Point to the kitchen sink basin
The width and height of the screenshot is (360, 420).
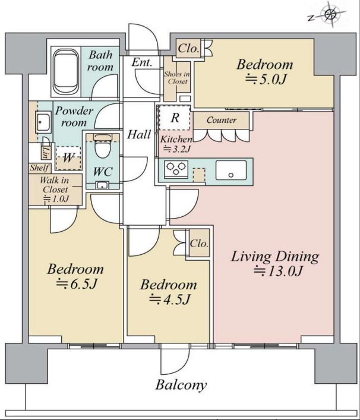point(231,170)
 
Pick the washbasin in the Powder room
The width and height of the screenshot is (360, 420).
point(43,122)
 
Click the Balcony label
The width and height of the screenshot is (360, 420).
point(181,385)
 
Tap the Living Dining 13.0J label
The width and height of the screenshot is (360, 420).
point(275,263)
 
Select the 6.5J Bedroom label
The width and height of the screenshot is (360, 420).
point(75,276)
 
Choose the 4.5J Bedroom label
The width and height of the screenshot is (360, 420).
point(169,292)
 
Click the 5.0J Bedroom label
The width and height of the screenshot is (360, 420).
point(264,72)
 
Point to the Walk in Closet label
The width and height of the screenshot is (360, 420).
point(55,190)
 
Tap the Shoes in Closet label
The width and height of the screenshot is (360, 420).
point(177,77)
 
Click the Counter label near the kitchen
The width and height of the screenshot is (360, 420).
point(222,120)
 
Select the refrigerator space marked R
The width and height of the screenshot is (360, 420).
point(175,118)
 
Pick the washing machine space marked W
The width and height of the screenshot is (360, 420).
point(68,158)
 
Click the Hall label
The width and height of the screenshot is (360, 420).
point(139,134)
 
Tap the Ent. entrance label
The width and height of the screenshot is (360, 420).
point(142,62)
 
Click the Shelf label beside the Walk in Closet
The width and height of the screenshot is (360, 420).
point(39,168)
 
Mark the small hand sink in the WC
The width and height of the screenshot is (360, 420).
point(102,185)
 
